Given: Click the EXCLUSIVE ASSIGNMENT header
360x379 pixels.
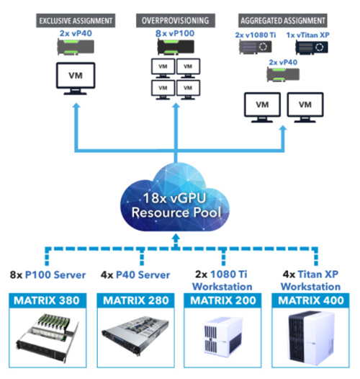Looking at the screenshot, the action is click(x=76, y=21).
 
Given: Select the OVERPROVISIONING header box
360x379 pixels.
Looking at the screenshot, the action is click(x=176, y=21).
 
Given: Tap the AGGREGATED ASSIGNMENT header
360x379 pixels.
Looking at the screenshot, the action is click(x=283, y=21).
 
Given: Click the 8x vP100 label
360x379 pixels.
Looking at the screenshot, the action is click(x=175, y=33).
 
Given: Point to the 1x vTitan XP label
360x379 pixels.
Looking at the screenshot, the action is click(x=308, y=35).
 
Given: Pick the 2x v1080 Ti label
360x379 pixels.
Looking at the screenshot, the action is click(x=256, y=35).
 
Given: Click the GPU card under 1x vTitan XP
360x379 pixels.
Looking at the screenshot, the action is click(x=312, y=48).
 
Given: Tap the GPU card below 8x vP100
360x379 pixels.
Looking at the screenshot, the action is click(x=176, y=47).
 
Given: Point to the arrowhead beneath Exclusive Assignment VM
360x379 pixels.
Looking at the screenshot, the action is click(x=76, y=106).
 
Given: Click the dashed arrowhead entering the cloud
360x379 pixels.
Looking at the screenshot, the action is click(x=176, y=237).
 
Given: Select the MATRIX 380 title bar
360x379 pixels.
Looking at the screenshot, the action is click(x=48, y=300).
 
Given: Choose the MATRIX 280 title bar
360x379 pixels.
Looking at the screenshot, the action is click(x=135, y=300).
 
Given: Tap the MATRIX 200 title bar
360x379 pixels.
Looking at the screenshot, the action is click(x=222, y=300).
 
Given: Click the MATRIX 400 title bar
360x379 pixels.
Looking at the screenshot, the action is click(x=311, y=300).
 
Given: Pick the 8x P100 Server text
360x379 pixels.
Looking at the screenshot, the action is click(x=48, y=275).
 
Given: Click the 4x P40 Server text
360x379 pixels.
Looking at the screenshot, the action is click(x=135, y=275).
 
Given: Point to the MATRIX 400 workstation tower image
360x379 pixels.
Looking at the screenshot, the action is click(x=311, y=338).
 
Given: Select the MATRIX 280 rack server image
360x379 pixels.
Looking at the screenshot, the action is click(x=135, y=336).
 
